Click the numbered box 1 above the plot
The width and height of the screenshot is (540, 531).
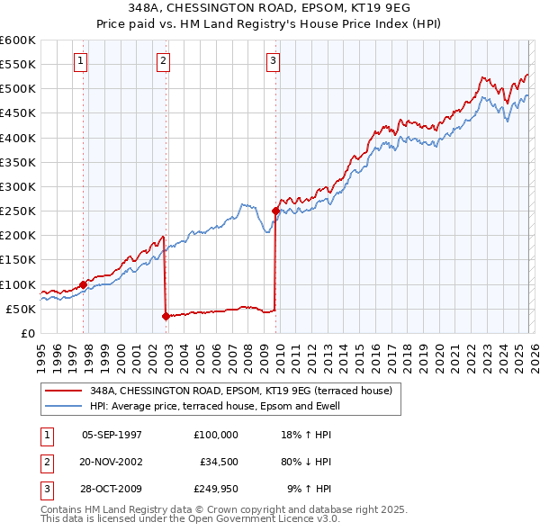pyautogui.click(x=81, y=61)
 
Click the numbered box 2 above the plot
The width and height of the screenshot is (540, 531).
pyautogui.click(x=163, y=61)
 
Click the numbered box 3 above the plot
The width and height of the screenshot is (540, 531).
pyautogui.click(x=273, y=61)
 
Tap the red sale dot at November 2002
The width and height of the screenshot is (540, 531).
pyautogui.click(x=166, y=316)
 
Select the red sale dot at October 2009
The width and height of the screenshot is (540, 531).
pyautogui.click(x=275, y=211)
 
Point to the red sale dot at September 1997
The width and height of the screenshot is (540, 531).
pyautogui.click(x=83, y=284)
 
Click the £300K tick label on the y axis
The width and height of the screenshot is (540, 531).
pyautogui.click(x=17, y=187)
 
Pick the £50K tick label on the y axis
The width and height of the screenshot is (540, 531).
pyautogui.click(x=21, y=309)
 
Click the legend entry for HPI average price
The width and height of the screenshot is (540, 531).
pyautogui.click(x=213, y=407)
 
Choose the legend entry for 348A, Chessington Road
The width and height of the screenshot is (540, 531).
pyautogui.click(x=240, y=391)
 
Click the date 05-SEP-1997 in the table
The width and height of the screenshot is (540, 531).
pyautogui.click(x=112, y=435)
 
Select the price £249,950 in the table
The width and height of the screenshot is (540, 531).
pyautogui.click(x=215, y=489)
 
